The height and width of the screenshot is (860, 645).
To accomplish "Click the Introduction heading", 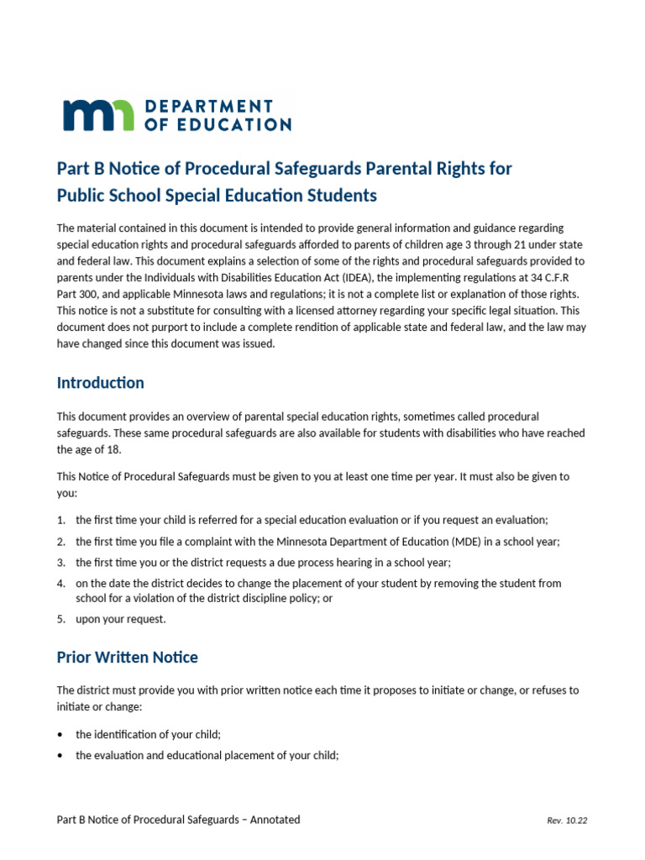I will click(100, 383).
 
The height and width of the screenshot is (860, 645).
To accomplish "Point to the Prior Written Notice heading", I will click(127, 657).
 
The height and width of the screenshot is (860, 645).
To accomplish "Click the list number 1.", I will click(60, 520).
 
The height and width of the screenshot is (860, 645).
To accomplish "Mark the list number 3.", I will click(60, 562).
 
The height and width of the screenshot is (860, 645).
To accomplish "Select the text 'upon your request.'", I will click(121, 619).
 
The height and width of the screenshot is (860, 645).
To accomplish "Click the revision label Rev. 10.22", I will click(567, 821).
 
